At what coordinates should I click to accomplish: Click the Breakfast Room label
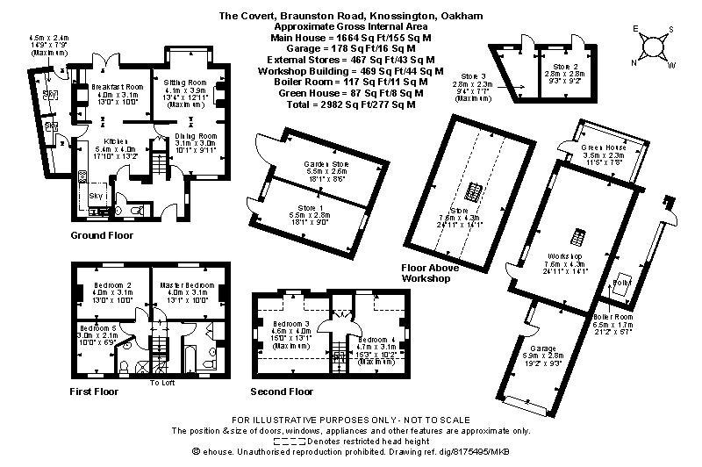pos(111,86)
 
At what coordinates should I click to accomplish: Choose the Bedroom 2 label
pos(110,285)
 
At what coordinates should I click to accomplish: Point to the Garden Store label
pos(326,164)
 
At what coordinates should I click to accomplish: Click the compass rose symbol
pos(655,46)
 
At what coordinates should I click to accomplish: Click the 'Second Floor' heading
pos(281,391)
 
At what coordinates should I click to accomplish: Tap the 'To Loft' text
pos(162,383)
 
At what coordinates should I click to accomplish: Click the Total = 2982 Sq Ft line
pos(345,104)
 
